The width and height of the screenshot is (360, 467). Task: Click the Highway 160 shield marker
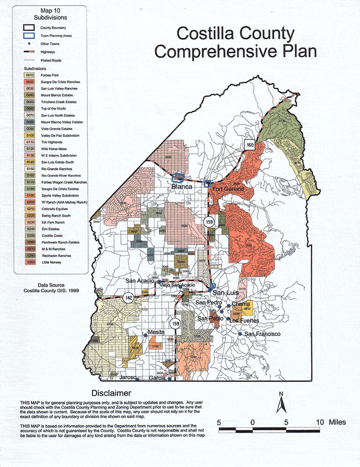point(250,145)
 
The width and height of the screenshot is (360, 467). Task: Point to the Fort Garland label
point(228,189)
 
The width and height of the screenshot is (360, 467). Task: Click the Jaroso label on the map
point(127,377)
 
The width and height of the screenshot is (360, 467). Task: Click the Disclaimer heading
point(111,393)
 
